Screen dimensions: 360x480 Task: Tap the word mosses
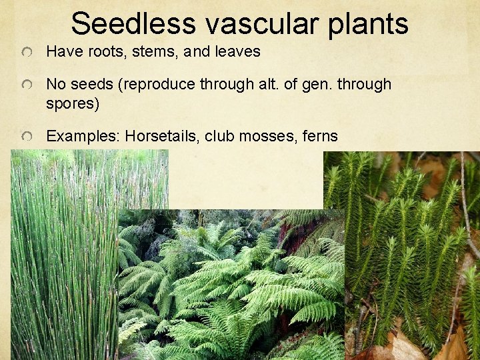tap(262, 137)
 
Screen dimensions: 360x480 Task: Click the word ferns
tap(318, 137)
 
